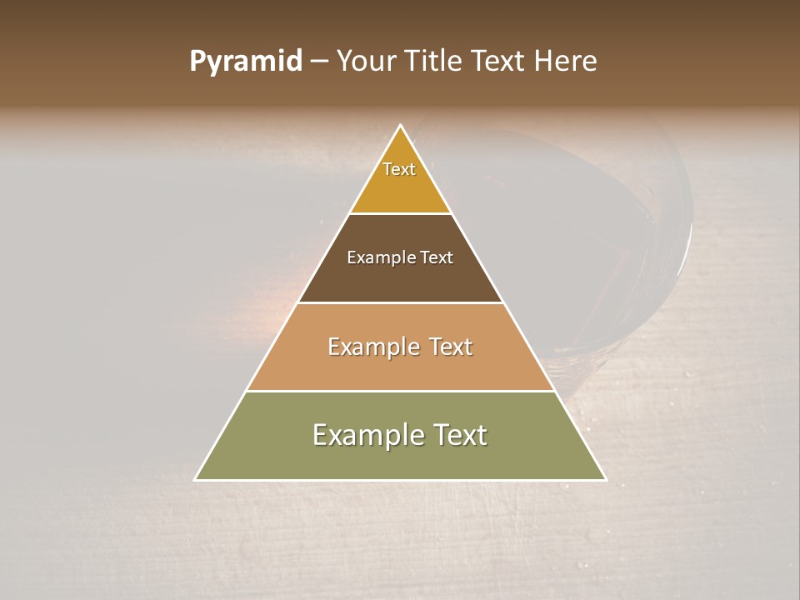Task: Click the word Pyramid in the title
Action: [245, 62]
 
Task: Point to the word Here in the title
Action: [566, 61]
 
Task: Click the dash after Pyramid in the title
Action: [318, 62]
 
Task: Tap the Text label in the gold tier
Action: [399, 169]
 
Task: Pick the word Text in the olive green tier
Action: [460, 435]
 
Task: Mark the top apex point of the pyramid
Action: [401, 126]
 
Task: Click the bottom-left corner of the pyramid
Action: [195, 480]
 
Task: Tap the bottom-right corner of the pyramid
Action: [606, 480]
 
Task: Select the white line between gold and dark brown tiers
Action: [401, 213]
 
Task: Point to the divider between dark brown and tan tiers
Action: [401, 302]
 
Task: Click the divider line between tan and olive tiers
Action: [401, 391]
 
